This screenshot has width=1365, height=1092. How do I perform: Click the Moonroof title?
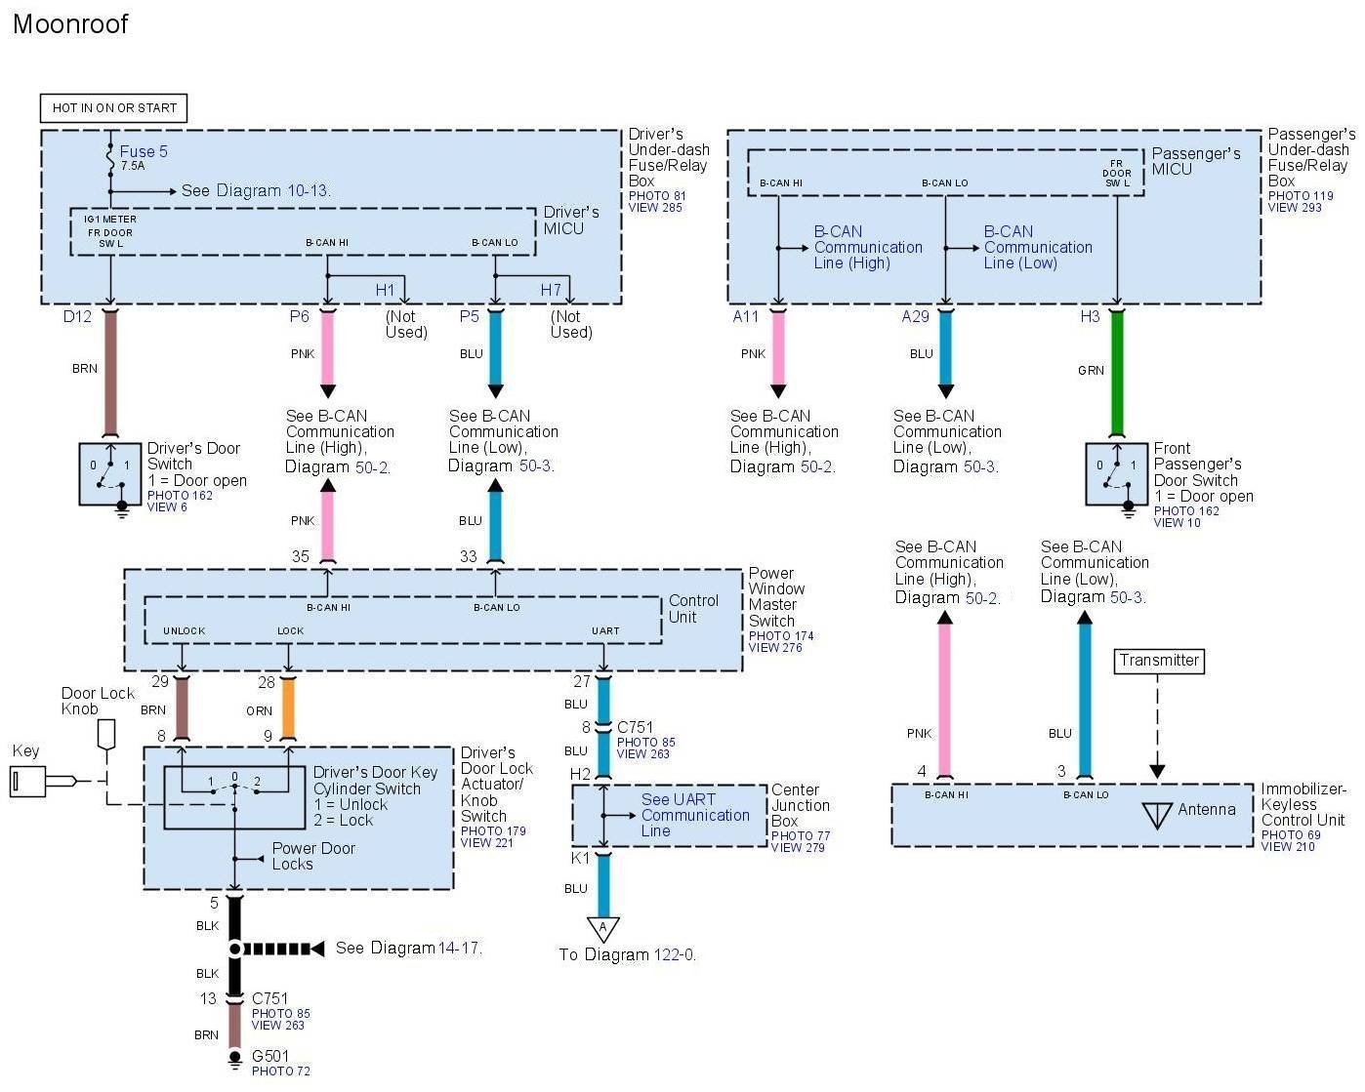coord(70,24)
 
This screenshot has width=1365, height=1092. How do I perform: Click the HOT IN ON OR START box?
coord(114,107)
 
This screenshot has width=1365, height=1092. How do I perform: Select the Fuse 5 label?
coord(144,151)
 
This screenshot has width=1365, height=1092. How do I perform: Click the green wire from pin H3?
coord(1117,371)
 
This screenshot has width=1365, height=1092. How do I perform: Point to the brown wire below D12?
coord(110,371)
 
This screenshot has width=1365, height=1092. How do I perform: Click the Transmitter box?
coord(1159,661)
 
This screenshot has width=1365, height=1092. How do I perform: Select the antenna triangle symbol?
coord(1157,813)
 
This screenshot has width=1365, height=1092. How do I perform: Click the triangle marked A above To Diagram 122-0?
coord(602,928)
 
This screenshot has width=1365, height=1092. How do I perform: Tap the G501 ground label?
coord(270,1056)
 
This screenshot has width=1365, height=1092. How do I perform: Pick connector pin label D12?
coord(77,316)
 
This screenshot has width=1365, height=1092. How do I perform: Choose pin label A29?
coord(915,316)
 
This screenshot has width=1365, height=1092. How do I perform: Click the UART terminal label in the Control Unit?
coord(605,630)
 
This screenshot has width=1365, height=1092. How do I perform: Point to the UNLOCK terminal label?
coord(184,630)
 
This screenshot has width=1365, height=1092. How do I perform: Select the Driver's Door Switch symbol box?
coord(110,474)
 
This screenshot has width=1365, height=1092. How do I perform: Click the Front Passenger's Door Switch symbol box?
coord(1117,474)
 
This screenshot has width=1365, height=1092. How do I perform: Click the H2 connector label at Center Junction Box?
coord(581,774)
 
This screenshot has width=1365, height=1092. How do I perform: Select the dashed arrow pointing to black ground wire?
coord(283,949)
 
